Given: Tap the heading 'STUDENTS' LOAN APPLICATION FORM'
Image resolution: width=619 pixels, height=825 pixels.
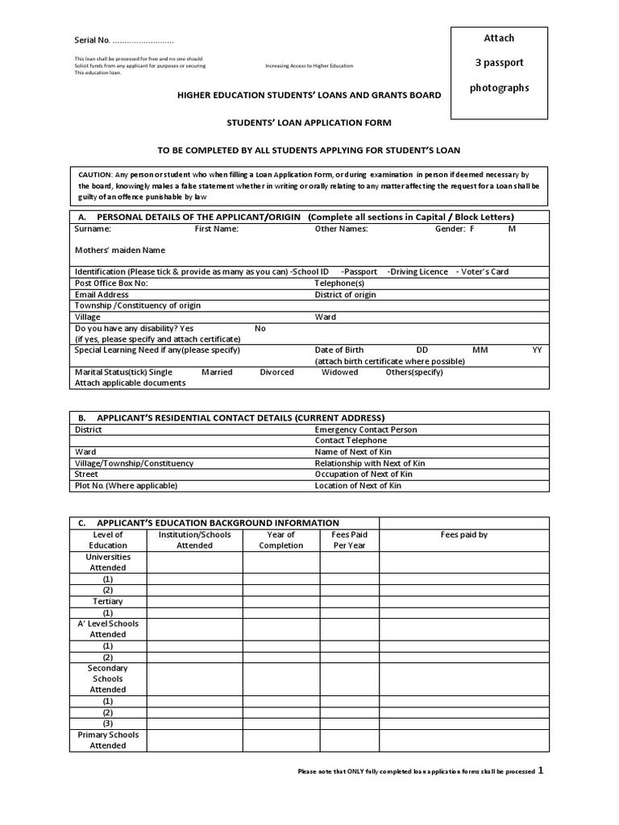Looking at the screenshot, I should pyautogui.click(x=309, y=122).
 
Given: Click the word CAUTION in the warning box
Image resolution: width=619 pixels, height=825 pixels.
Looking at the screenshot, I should pyautogui.click(x=95, y=174).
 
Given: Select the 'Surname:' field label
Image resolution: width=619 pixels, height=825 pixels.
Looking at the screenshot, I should pyautogui.click(x=93, y=229).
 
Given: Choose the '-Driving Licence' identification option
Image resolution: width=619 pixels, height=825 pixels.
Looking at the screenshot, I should pyautogui.click(x=418, y=272).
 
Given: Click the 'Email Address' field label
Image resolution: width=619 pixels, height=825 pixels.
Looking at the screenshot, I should pyautogui.click(x=102, y=295).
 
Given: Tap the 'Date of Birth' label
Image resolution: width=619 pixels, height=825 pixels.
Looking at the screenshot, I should pyautogui.click(x=339, y=350).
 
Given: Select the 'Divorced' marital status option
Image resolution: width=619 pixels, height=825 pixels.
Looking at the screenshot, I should pyautogui.click(x=276, y=372).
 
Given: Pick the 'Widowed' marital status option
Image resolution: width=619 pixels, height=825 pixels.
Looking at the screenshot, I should pyautogui.click(x=339, y=372).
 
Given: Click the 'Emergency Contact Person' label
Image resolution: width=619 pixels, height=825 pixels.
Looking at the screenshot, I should pyautogui.click(x=365, y=429).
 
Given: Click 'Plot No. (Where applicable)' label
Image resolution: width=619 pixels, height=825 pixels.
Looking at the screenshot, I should pyautogui.click(x=126, y=486).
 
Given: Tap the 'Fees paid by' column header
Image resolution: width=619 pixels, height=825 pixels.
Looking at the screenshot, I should pyautogui.click(x=463, y=534).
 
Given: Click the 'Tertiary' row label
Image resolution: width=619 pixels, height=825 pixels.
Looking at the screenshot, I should pyautogui.click(x=108, y=602).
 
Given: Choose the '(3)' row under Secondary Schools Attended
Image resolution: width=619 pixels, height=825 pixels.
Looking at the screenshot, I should pyautogui.click(x=108, y=723).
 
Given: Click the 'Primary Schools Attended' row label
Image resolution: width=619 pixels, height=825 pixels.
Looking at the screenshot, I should pyautogui.click(x=108, y=740).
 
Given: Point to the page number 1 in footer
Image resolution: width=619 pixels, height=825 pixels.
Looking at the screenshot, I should pyautogui.click(x=541, y=770).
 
